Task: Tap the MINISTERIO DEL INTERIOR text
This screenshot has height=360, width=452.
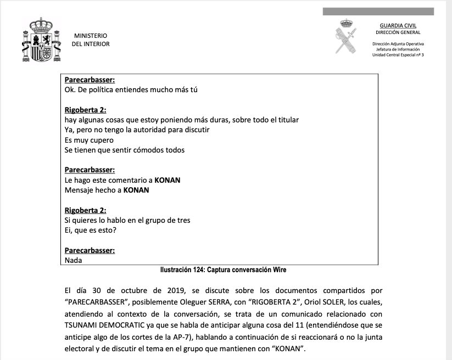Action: click(x=91, y=40)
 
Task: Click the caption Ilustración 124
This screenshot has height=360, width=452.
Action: click(x=223, y=270)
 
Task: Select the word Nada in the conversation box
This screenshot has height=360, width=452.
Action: click(x=73, y=261)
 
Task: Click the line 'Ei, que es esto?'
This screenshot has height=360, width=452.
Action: click(x=90, y=230)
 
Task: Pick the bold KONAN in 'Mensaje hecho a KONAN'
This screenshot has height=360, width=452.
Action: click(x=136, y=190)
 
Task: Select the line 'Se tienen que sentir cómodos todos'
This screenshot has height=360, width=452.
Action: click(x=124, y=150)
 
